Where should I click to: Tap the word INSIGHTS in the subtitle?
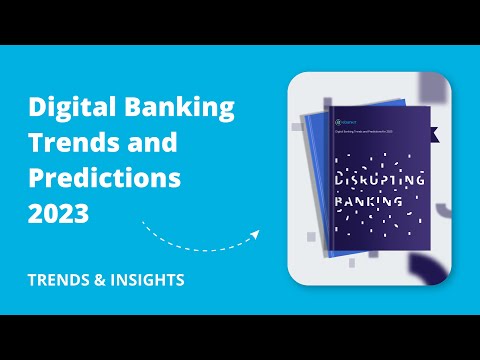pyautogui.click(x=147, y=280)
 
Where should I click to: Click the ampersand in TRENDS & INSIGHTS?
pyautogui.click(x=95, y=280)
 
